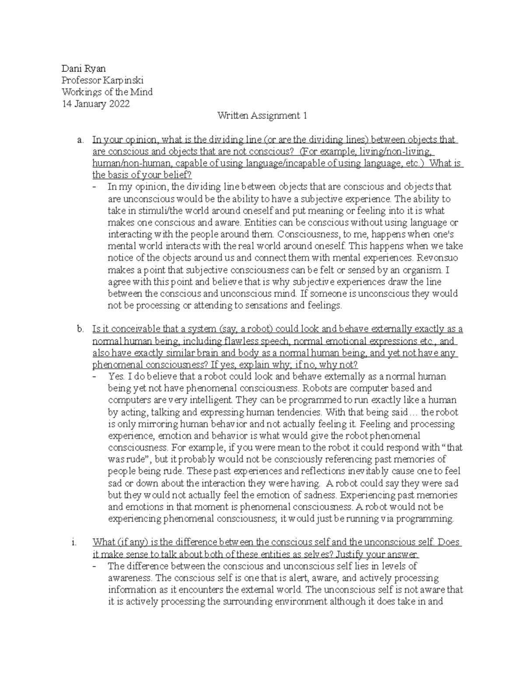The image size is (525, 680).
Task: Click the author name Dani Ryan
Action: [84, 68]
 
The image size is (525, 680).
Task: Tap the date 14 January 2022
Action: [95, 104]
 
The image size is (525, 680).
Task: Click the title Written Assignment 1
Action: [262, 116]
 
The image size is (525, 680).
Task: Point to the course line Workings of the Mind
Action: [107, 92]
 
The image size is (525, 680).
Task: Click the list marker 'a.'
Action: [80, 140]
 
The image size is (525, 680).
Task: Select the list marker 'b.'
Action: [80, 329]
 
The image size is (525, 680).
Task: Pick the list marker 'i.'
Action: [74, 542]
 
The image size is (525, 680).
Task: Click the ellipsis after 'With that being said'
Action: [413, 412]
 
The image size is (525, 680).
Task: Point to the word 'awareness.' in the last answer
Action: [130, 578]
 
